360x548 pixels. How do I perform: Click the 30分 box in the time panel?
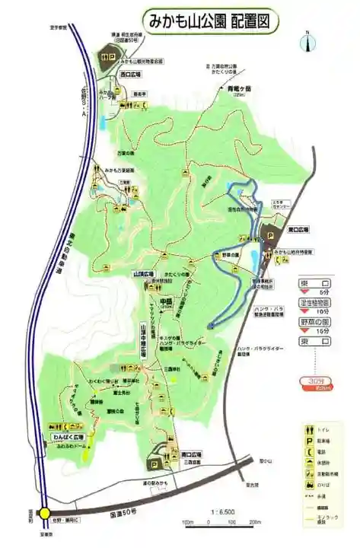point(312,381)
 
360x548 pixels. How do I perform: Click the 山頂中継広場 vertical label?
point(143,339)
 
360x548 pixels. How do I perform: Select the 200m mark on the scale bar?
point(254,522)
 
